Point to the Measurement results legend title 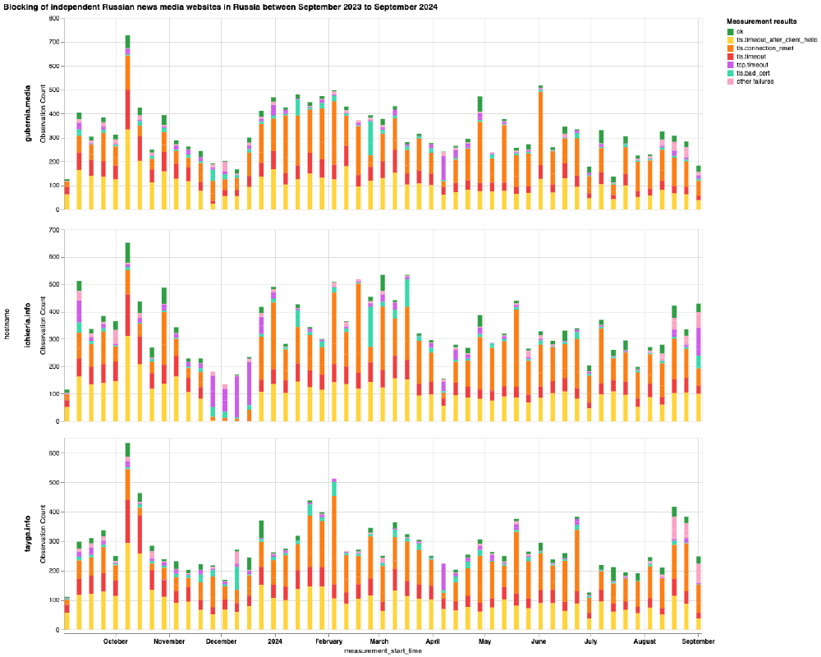pyautogui.click(x=762, y=21)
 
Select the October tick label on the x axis pyautogui.click(x=116, y=641)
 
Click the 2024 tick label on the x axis pyautogui.click(x=274, y=641)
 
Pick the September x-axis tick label pyautogui.click(x=698, y=641)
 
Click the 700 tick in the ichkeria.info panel pyautogui.click(x=53, y=230)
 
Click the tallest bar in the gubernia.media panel pyautogui.click(x=127, y=123)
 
